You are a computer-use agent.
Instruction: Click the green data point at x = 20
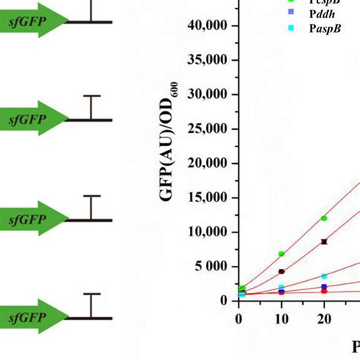point(324,218)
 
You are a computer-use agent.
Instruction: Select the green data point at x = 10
point(282,254)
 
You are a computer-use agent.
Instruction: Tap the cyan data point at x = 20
point(324,276)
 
